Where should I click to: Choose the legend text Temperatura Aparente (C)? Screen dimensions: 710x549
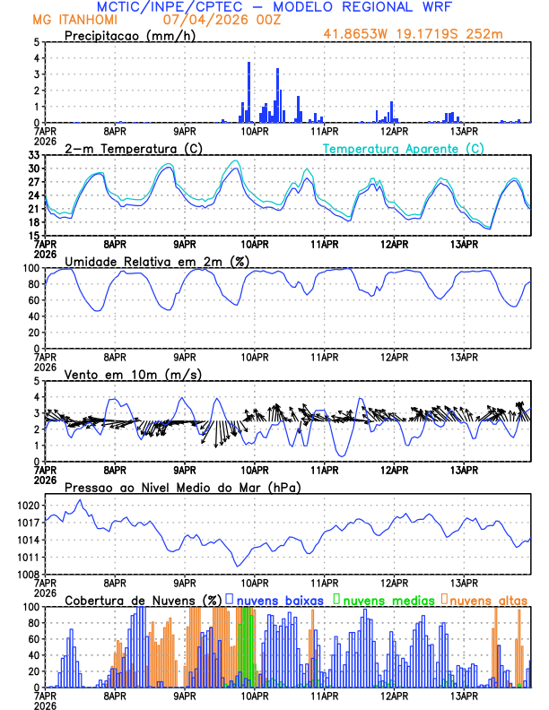tap(404, 149)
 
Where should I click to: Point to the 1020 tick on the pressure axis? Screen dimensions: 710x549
tap(26, 505)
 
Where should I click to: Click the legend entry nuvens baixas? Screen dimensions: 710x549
tap(274, 600)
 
